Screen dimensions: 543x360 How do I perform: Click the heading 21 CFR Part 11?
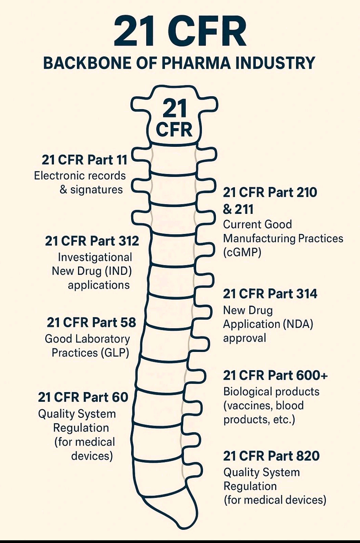pos(84,159)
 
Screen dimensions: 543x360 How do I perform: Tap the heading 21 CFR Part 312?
pos(92,241)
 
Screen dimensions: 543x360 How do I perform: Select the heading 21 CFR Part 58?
pos(91,322)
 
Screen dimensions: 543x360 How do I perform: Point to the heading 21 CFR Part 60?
pos(83,397)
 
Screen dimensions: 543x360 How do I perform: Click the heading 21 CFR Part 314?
pos(270,294)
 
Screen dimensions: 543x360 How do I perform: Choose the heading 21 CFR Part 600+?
pos(276,375)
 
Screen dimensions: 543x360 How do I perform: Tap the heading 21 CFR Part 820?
pos(271,456)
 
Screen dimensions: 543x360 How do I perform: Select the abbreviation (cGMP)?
pos(242,253)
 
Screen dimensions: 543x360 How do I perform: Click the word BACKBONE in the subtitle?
pos(87,63)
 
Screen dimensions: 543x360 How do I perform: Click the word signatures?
pos(96,190)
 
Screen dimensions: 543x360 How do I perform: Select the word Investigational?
pos(95,257)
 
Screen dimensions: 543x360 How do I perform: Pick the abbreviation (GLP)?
pos(115,353)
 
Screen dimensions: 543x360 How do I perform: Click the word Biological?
pos(245,392)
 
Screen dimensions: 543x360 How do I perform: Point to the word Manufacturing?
pos(259,238)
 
